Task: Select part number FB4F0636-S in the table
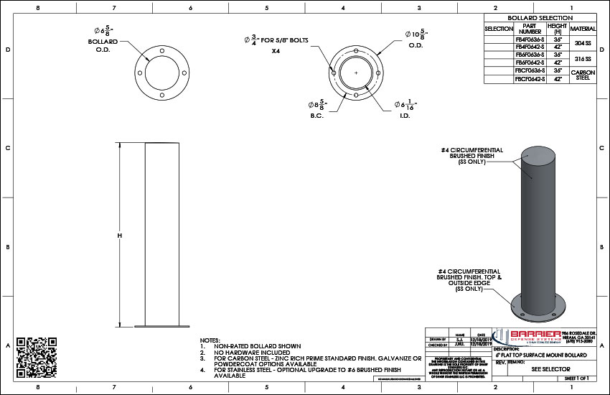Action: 530,39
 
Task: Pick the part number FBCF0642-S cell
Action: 530,78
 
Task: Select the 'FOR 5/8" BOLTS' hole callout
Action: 276,41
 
